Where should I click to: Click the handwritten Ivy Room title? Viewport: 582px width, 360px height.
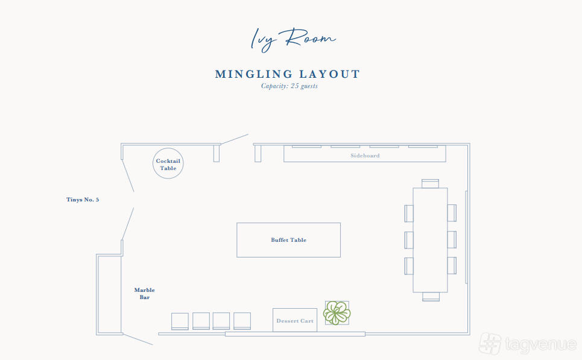pos(293,39)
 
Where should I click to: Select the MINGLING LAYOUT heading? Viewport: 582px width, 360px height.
pos(288,74)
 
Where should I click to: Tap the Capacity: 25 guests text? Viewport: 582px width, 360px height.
pos(289,86)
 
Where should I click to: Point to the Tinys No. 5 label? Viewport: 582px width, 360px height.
pos(83,200)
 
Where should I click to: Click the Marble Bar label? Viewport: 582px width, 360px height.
pos(144,294)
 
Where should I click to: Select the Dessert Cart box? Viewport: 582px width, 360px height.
pos(295,320)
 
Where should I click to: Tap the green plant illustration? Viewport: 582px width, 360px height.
pos(337,313)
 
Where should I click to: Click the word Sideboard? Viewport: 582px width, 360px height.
pos(365,156)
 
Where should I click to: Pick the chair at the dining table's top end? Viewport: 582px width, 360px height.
pos(430,184)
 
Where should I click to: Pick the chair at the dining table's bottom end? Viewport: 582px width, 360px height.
pos(431,297)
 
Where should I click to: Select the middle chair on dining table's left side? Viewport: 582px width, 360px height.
pos(409,240)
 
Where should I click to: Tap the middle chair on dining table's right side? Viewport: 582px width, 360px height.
pos(452,239)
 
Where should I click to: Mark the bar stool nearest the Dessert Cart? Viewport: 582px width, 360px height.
pos(242,321)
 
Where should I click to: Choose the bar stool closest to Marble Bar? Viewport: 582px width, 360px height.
pos(180,321)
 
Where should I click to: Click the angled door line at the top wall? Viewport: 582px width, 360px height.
pos(234,139)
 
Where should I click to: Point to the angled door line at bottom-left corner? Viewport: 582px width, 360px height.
pos(138,339)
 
